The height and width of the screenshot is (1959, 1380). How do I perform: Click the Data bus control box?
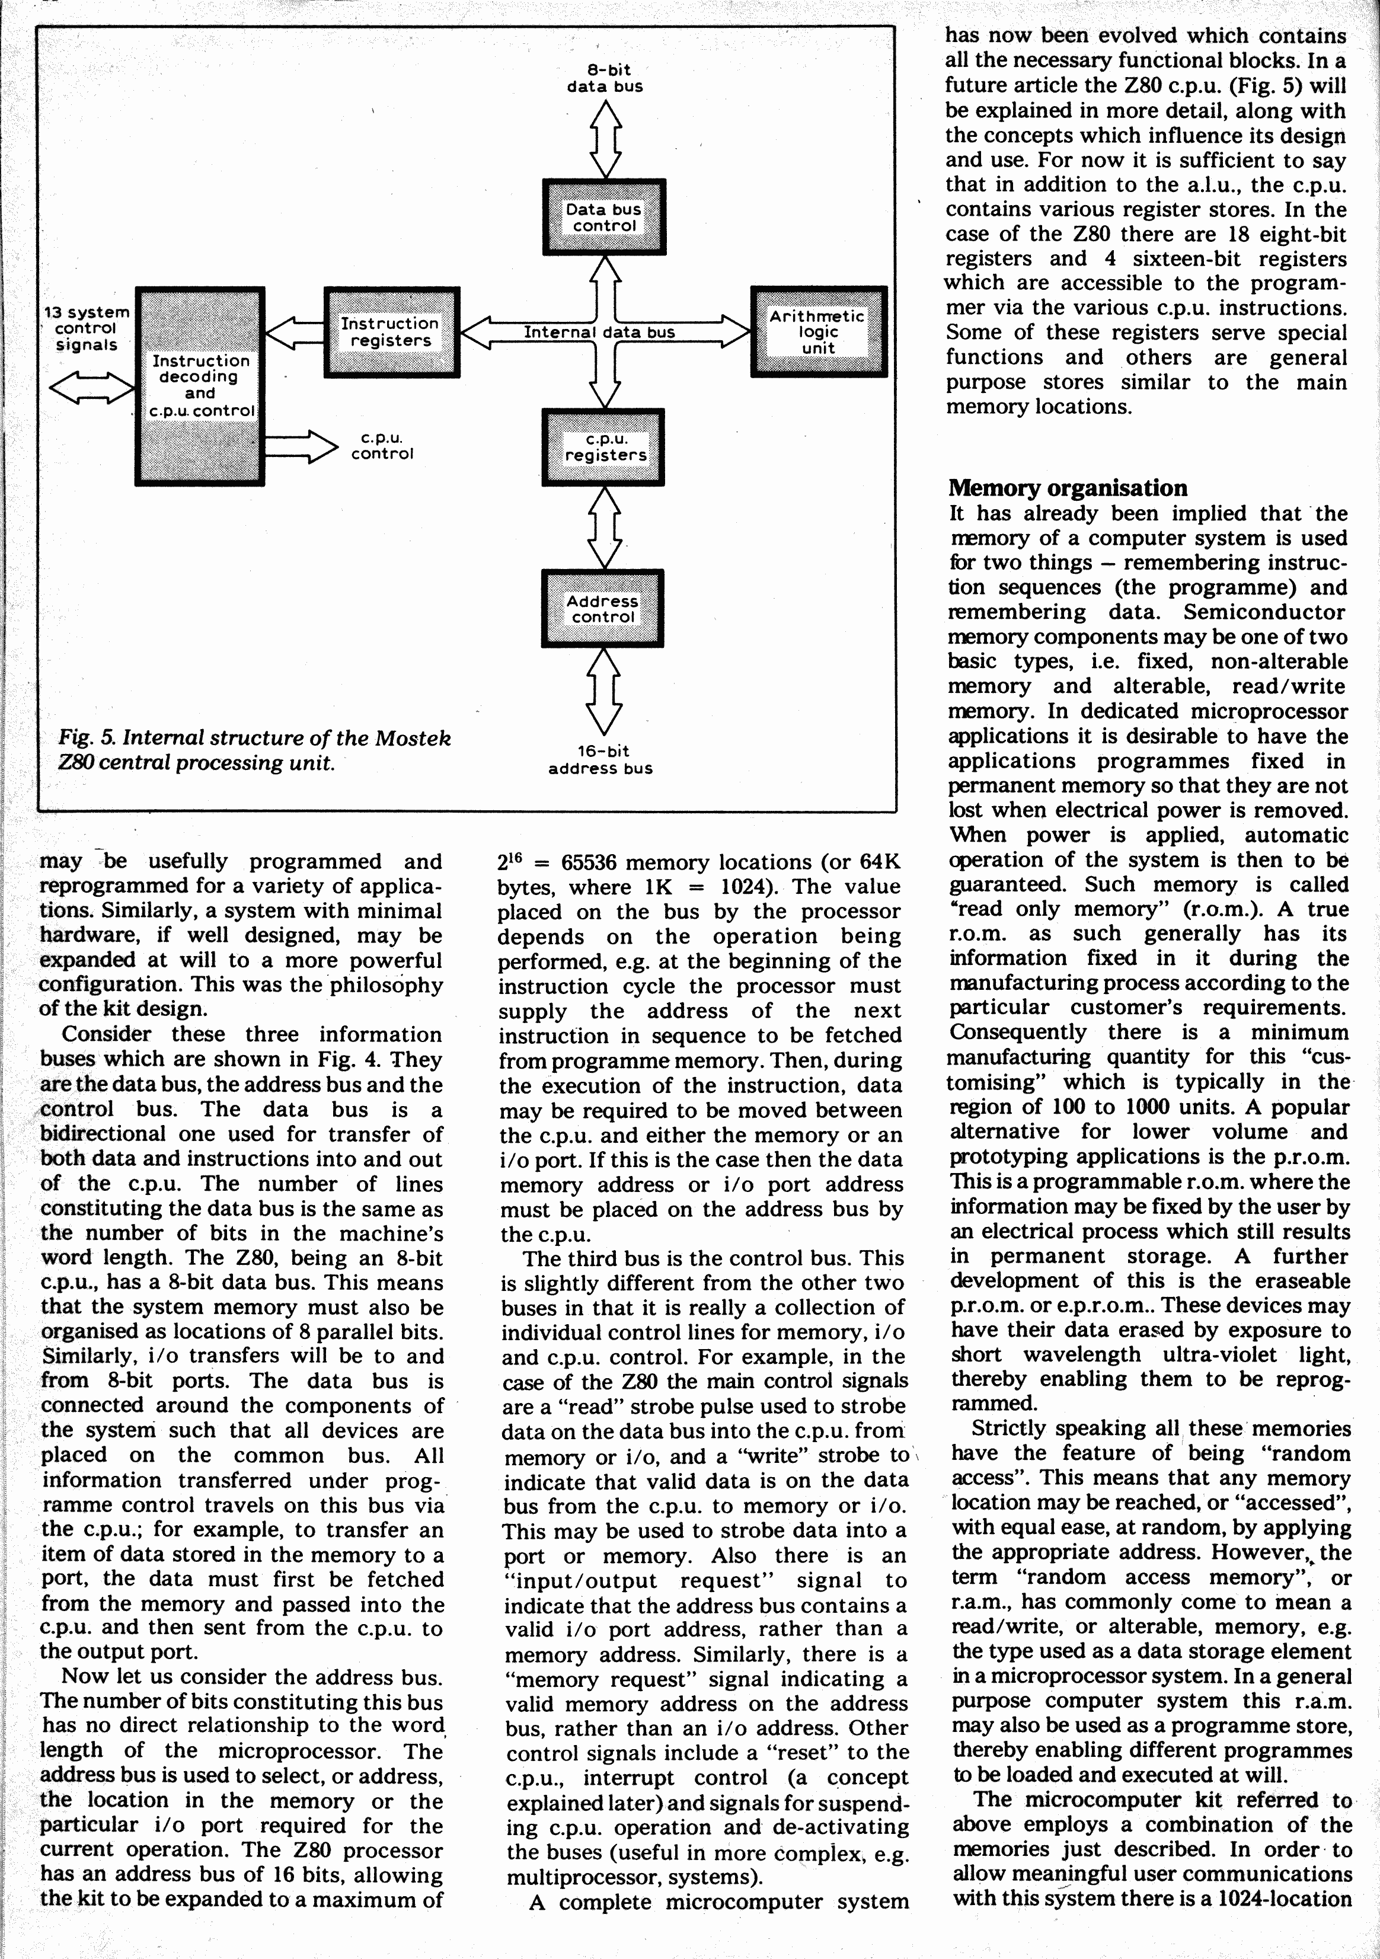(604, 217)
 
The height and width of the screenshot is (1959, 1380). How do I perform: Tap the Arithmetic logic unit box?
(819, 332)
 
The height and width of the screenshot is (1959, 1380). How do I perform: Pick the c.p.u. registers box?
(604, 447)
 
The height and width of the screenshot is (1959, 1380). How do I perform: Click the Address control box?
(602, 608)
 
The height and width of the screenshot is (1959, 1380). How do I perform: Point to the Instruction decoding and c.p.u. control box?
(200, 386)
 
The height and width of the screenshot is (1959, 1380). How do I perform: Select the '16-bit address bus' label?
(601, 759)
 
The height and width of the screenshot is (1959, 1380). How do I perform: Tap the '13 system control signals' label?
(85, 328)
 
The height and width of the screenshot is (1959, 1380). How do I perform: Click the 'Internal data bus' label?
(599, 332)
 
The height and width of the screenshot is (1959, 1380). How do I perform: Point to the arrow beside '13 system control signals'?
(91, 388)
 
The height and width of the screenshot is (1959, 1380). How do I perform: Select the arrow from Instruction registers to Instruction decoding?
(295, 332)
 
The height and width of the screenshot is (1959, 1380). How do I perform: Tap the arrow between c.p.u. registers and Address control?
(604, 528)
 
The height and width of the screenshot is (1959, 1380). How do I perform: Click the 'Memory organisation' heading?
(1068, 488)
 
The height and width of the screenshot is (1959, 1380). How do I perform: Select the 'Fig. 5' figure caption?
(254, 749)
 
